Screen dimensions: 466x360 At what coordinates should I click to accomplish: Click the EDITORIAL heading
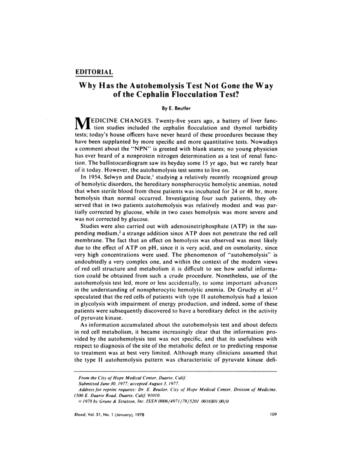94,72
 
